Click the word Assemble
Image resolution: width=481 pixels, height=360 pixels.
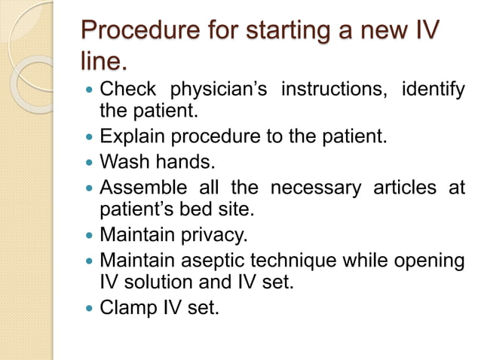point(142,187)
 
